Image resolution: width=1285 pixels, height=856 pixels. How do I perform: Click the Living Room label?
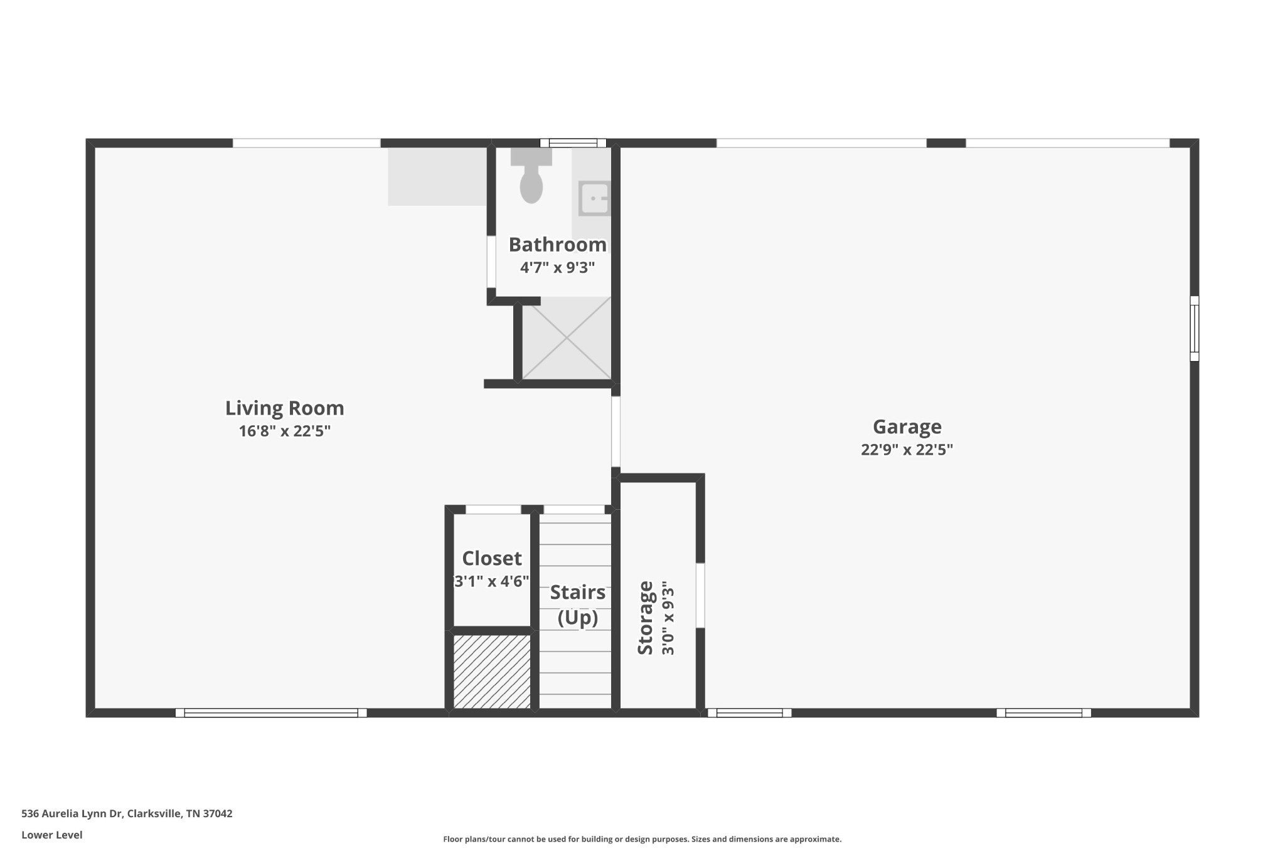coord(284,408)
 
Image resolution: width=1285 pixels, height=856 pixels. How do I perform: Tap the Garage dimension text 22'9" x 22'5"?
coord(907,450)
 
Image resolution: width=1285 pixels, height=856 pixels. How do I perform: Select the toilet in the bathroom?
coord(531,179)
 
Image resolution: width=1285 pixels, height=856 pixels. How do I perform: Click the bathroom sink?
coord(594,198)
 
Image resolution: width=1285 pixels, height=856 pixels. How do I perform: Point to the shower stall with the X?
coord(567,339)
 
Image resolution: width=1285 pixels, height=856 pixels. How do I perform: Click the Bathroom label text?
coord(557,245)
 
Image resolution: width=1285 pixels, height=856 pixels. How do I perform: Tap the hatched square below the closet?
coord(492,672)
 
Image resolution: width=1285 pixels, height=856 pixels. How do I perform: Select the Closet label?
coord(492,558)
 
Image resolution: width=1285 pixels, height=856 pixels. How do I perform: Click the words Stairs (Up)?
coord(577,605)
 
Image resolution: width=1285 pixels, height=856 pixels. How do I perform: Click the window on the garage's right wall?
coord(1194,329)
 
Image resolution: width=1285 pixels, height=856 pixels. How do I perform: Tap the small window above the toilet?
coord(573,143)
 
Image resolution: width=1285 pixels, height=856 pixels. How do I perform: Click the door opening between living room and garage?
coord(616,431)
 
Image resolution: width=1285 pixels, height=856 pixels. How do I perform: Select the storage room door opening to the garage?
coord(700,595)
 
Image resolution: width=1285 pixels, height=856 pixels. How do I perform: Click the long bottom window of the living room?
coord(271,712)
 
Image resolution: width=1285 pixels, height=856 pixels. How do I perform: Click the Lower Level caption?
coord(52,835)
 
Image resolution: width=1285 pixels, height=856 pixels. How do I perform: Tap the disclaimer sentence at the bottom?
coord(642,839)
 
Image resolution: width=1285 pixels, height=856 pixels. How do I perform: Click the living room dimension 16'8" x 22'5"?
coord(284,431)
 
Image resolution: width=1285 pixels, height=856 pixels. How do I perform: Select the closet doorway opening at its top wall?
coord(493,509)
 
